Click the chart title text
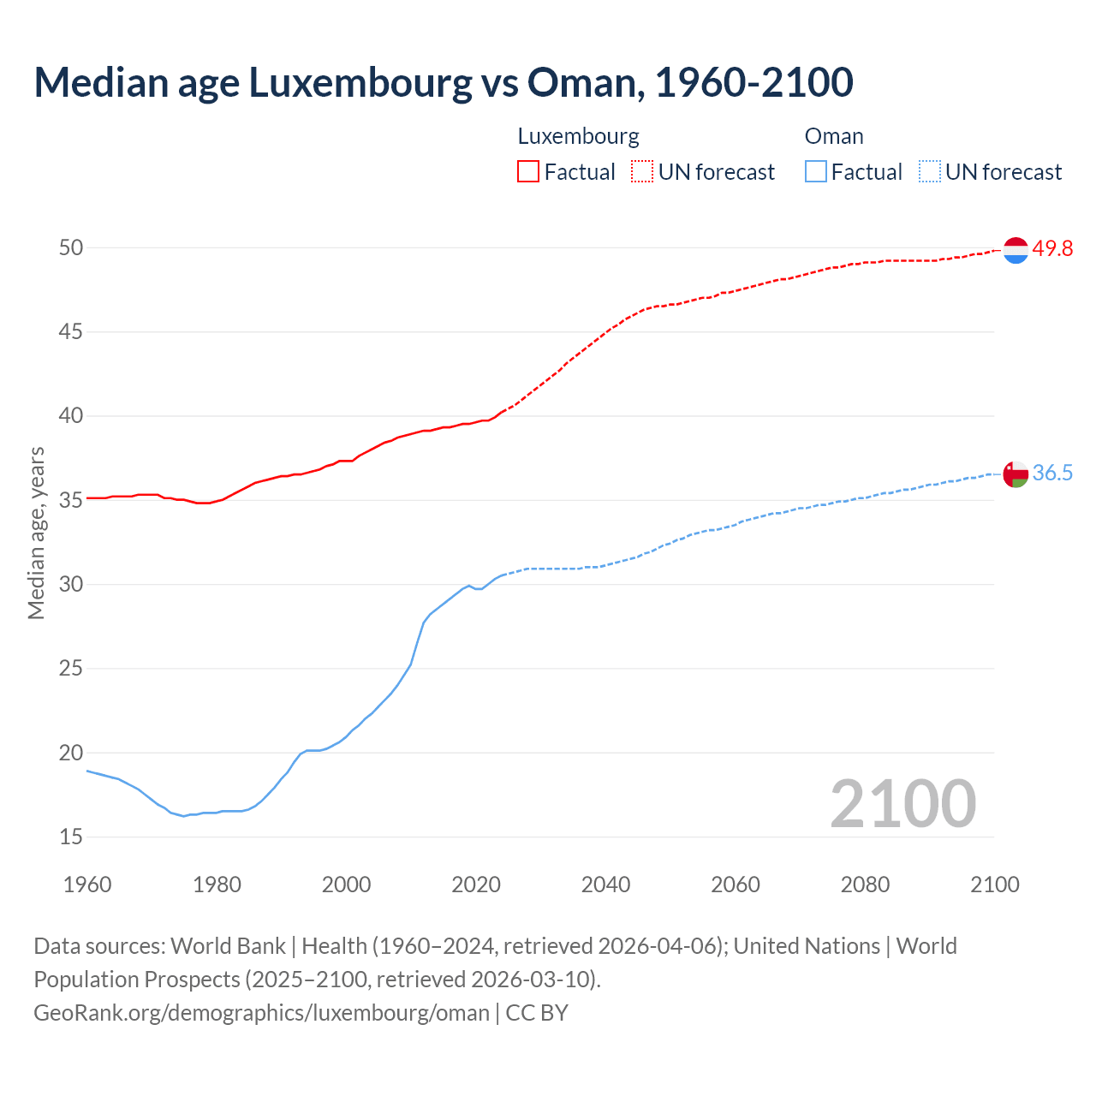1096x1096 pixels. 444,83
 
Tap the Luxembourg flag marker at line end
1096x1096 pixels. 1016,250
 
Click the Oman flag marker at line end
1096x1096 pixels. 1016,474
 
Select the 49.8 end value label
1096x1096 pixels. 1052,249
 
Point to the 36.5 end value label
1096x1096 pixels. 1052,474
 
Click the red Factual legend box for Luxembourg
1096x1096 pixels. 528,172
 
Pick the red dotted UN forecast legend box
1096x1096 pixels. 642,172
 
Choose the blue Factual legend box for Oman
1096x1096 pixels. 816,172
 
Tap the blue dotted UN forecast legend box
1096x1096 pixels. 930,172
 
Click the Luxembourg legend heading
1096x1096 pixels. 579,136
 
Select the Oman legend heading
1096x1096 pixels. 834,136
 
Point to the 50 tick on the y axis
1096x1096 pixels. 71,247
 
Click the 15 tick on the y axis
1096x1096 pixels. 71,837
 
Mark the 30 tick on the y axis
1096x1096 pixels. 71,584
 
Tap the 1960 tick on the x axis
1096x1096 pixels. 87,885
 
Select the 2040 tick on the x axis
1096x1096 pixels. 605,885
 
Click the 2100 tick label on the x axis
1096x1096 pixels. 995,885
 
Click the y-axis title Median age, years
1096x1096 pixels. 36,533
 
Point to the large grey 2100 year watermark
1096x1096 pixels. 903,804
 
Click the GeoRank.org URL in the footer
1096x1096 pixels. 261,1013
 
